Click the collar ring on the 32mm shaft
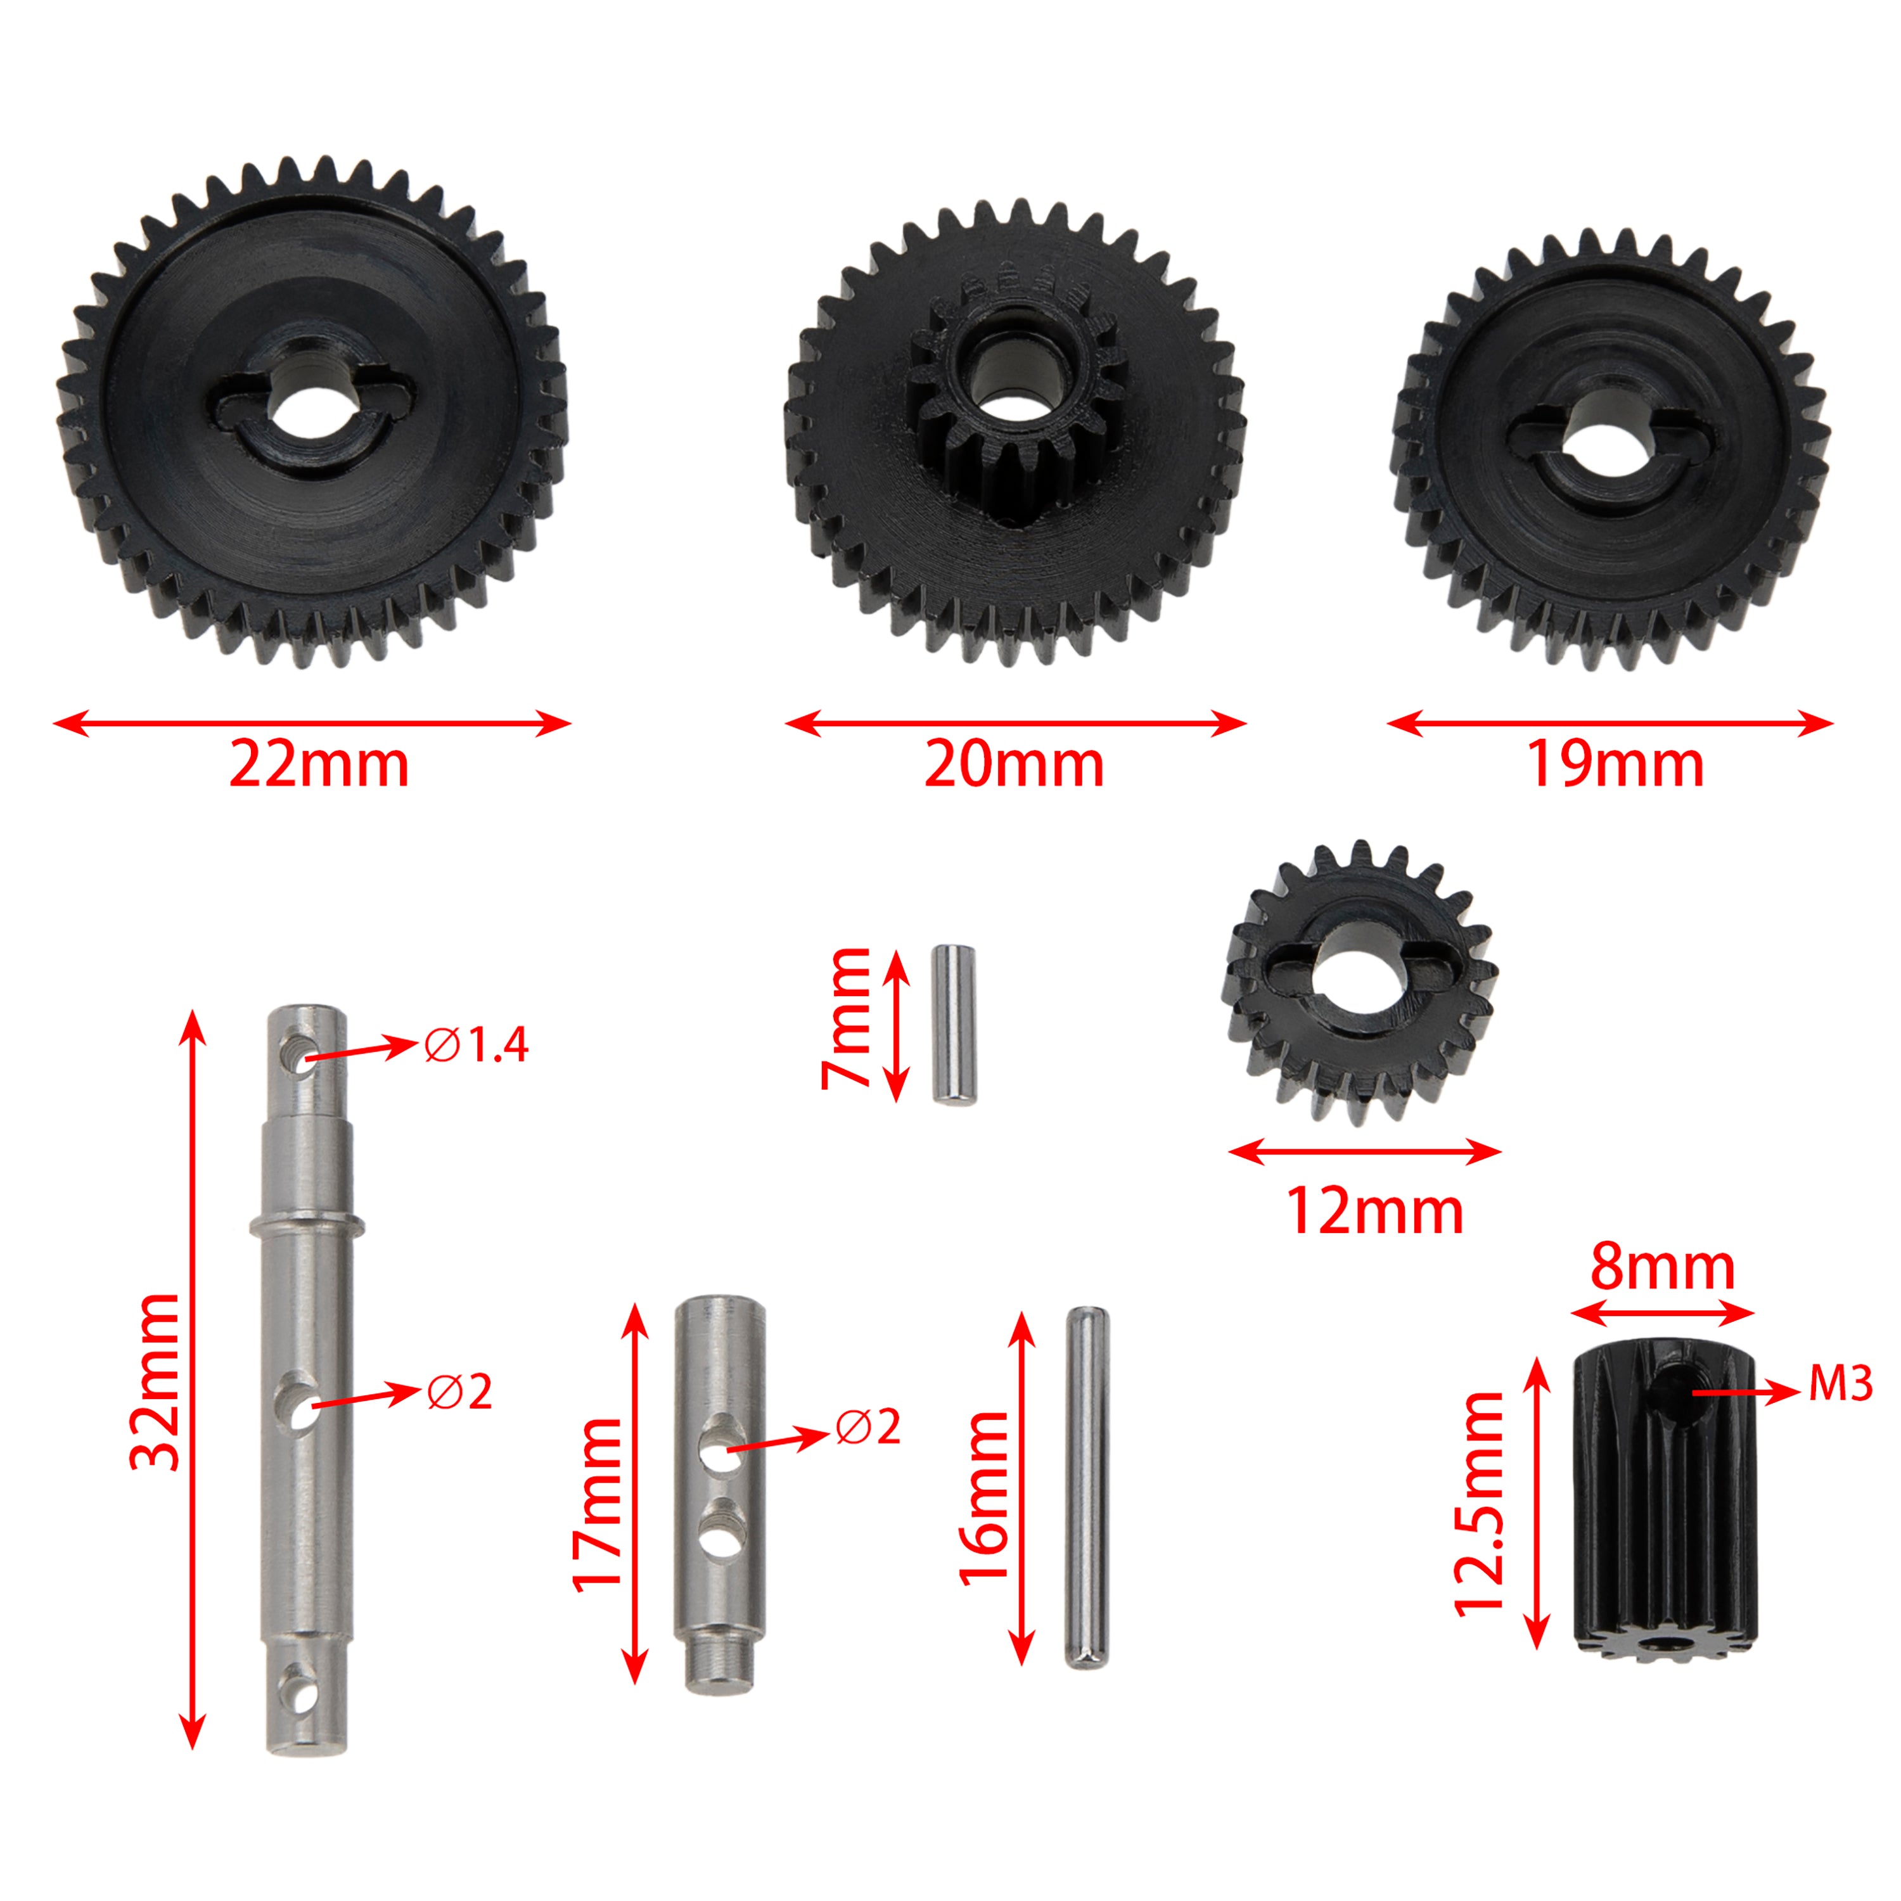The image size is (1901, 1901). [306, 1225]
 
